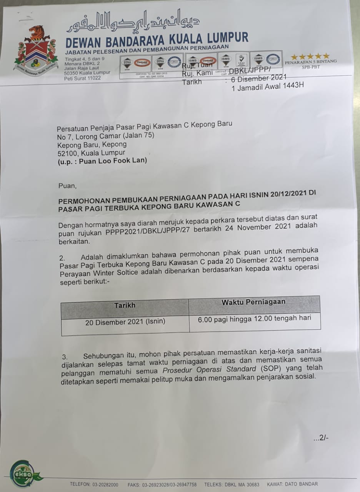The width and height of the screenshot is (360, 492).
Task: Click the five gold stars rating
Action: (x=310, y=57)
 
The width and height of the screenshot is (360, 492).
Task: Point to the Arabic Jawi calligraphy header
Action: (x=133, y=22)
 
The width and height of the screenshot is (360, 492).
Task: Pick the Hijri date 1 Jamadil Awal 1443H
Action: (x=267, y=86)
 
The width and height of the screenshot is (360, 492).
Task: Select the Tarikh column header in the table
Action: (x=125, y=305)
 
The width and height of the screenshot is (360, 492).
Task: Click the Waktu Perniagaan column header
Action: (x=253, y=302)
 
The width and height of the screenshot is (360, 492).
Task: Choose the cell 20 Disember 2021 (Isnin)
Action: (x=125, y=322)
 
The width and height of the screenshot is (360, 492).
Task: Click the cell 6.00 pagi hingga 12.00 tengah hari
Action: (x=254, y=318)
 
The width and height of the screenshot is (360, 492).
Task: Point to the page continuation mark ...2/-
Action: (x=321, y=438)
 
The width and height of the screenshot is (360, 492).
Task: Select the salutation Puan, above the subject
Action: (x=68, y=186)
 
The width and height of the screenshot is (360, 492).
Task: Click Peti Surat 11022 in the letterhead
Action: (x=82, y=78)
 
